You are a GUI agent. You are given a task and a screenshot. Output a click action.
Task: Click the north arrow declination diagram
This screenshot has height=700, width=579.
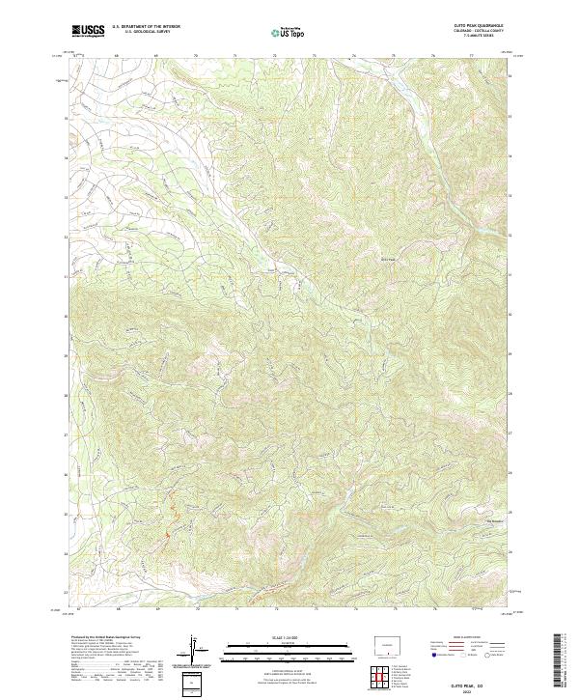[196, 653]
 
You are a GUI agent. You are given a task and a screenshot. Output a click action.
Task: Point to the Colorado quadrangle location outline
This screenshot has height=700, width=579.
[388, 645]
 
